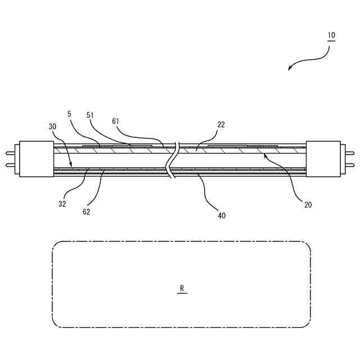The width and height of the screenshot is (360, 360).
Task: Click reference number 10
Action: point(331,35)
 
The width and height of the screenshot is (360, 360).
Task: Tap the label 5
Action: point(69,114)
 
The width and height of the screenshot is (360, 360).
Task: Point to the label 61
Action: point(115,120)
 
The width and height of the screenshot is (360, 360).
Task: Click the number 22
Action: point(221,125)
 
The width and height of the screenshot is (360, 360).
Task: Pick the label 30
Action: point(52,127)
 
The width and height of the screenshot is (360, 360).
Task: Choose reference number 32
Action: point(62,204)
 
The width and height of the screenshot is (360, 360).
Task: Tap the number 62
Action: point(86,212)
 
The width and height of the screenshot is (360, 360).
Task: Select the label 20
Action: point(308,205)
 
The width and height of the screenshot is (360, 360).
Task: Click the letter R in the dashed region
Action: point(182,289)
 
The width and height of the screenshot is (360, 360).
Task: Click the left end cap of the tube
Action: point(37,159)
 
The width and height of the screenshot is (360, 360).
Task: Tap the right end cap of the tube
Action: point(324,158)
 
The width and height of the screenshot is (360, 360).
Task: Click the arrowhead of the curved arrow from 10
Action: point(290,69)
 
